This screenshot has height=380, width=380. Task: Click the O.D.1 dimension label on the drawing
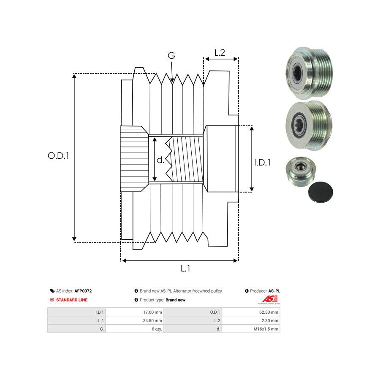pyautogui.click(x=58, y=155)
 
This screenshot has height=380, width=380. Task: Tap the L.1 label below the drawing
pyautogui.click(x=185, y=268)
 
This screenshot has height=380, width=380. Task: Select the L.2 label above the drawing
pyautogui.click(x=220, y=53)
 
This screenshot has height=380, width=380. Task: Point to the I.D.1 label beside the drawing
pyautogui.click(x=263, y=162)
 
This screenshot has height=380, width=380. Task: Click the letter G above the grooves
pyautogui.click(x=171, y=56)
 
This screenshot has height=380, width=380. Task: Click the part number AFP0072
pyautogui.click(x=83, y=291)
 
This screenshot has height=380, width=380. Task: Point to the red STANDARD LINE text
pyautogui.click(x=72, y=300)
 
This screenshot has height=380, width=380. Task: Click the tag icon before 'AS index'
pyautogui.click(x=52, y=291)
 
